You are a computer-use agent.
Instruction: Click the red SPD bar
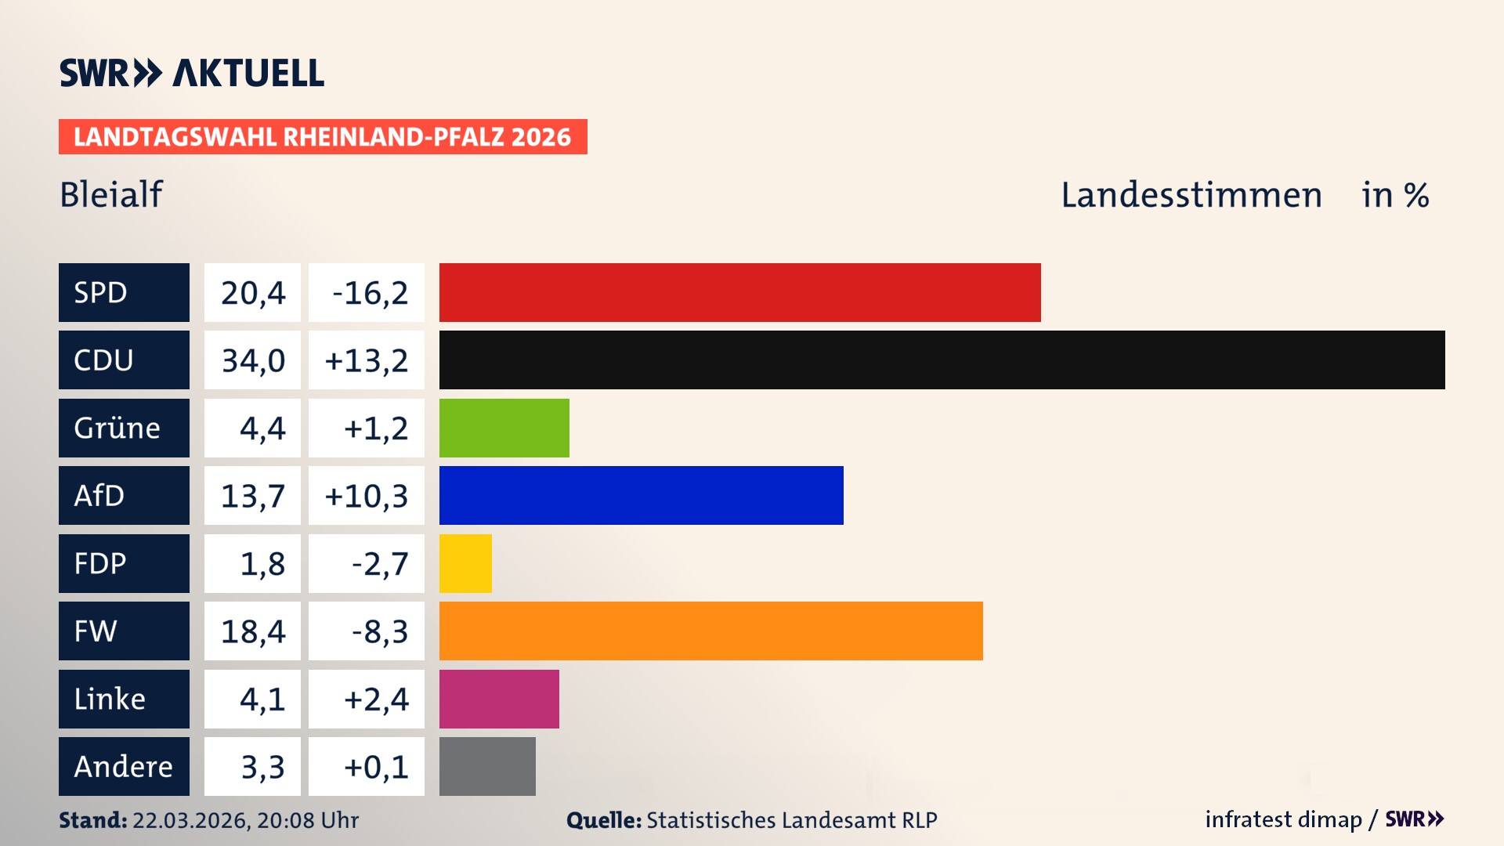pyautogui.click(x=739, y=292)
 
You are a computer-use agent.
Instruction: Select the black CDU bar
pyautogui.click(x=942, y=360)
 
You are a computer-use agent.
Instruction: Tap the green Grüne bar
pyautogui.click(x=504, y=428)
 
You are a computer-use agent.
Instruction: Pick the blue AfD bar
pyautogui.click(x=641, y=495)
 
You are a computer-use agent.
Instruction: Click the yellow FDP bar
pyautogui.click(x=465, y=563)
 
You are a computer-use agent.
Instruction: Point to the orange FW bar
pyautogui.click(x=710, y=631)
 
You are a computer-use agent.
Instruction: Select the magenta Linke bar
pyautogui.click(x=499, y=699)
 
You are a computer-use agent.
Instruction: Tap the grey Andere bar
pyautogui.click(x=487, y=766)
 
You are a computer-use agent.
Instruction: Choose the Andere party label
pyautogui.click(x=124, y=766)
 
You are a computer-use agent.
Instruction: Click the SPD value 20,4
pyautogui.click(x=252, y=292)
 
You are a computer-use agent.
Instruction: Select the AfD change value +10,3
pyautogui.click(x=366, y=495)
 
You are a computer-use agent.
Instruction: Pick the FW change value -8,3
pyautogui.click(x=379, y=631)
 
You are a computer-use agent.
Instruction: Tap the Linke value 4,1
pyautogui.click(x=262, y=699)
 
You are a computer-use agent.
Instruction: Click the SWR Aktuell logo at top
pyautogui.click(x=191, y=73)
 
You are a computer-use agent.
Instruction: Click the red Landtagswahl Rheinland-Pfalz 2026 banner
pyautogui.click(x=322, y=136)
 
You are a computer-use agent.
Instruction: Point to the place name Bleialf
pyautogui.click(x=111, y=194)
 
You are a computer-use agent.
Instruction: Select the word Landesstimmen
pyautogui.click(x=1191, y=194)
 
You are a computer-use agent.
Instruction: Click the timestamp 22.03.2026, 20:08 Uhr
pyautogui.click(x=245, y=820)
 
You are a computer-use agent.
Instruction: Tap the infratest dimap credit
pyautogui.click(x=1283, y=819)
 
